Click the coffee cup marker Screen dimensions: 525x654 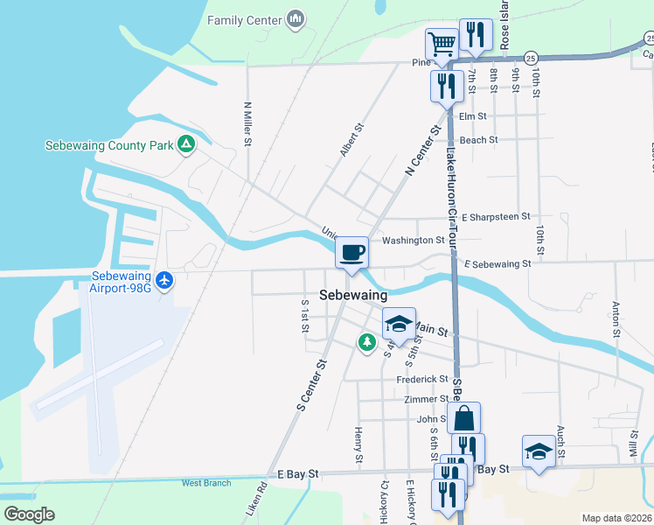351,254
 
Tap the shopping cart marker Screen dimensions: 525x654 442,43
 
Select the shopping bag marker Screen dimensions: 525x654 463,418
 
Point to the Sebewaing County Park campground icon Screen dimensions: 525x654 185,144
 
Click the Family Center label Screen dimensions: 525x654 245,19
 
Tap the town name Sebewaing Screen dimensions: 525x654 353,296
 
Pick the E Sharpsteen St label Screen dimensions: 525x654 496,216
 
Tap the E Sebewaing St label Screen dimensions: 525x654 497,263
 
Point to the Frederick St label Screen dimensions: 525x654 422,379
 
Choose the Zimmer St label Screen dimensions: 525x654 427,399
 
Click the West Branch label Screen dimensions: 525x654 206,483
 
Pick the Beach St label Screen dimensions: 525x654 478,139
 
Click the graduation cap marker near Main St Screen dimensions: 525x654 398,323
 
